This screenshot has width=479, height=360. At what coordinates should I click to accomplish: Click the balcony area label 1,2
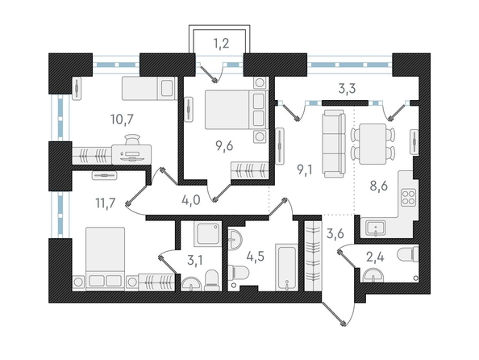point(221,44)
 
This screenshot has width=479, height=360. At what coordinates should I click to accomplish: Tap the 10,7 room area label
point(123,119)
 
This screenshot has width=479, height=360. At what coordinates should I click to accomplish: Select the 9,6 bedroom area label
point(224,147)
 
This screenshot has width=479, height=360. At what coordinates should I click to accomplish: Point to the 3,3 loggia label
point(347,89)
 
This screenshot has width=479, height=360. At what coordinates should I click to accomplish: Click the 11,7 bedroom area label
point(106,203)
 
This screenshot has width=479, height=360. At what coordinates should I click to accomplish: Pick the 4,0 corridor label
point(190,201)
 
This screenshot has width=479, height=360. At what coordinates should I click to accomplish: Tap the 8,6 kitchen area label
point(378,186)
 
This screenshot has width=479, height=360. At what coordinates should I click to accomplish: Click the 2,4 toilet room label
point(375,257)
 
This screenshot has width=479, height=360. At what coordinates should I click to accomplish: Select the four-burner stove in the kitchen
point(408,197)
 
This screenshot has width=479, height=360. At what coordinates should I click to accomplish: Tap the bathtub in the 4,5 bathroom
point(286,267)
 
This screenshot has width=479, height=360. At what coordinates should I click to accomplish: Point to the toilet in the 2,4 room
point(408,254)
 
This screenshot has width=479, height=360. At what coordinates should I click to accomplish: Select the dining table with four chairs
point(373,144)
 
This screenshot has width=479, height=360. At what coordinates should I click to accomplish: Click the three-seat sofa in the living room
point(335,144)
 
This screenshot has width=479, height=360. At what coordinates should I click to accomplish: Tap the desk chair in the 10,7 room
point(132,140)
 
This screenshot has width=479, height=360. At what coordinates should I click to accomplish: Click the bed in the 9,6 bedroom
point(236,110)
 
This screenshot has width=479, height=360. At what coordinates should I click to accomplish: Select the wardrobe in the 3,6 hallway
point(313,256)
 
